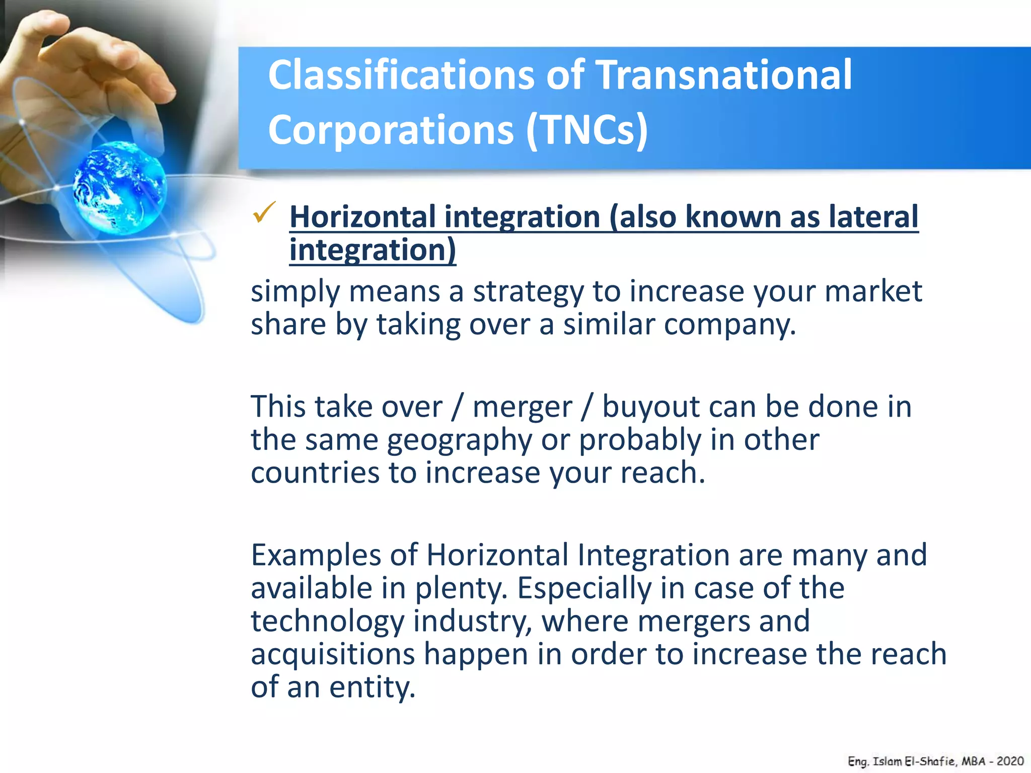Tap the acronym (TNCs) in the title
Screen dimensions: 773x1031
point(587,130)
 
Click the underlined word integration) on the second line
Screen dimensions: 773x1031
point(373,250)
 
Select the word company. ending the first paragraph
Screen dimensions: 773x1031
point(729,325)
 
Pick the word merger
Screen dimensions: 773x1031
point(522,407)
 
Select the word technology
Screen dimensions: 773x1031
point(328,622)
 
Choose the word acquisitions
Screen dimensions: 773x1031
point(333,654)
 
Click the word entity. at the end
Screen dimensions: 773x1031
point(372,687)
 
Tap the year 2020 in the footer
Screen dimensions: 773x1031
point(1010,761)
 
